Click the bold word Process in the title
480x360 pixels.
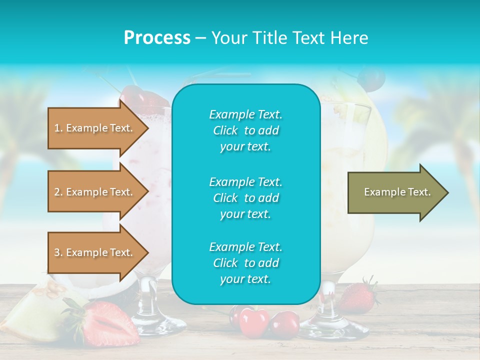(157, 38)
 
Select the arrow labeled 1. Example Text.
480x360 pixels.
(95, 128)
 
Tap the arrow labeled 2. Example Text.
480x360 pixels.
(95, 192)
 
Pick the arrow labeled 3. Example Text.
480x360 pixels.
(95, 252)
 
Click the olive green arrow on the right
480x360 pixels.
(395, 192)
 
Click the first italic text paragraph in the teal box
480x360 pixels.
(245, 130)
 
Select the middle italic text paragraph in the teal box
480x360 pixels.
(245, 198)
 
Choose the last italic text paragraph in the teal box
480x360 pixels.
(245, 263)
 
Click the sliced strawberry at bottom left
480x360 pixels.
(107, 322)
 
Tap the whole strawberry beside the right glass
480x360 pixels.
(358, 297)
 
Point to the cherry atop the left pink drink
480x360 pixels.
(133, 95)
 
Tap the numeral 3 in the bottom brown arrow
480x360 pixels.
(56, 252)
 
